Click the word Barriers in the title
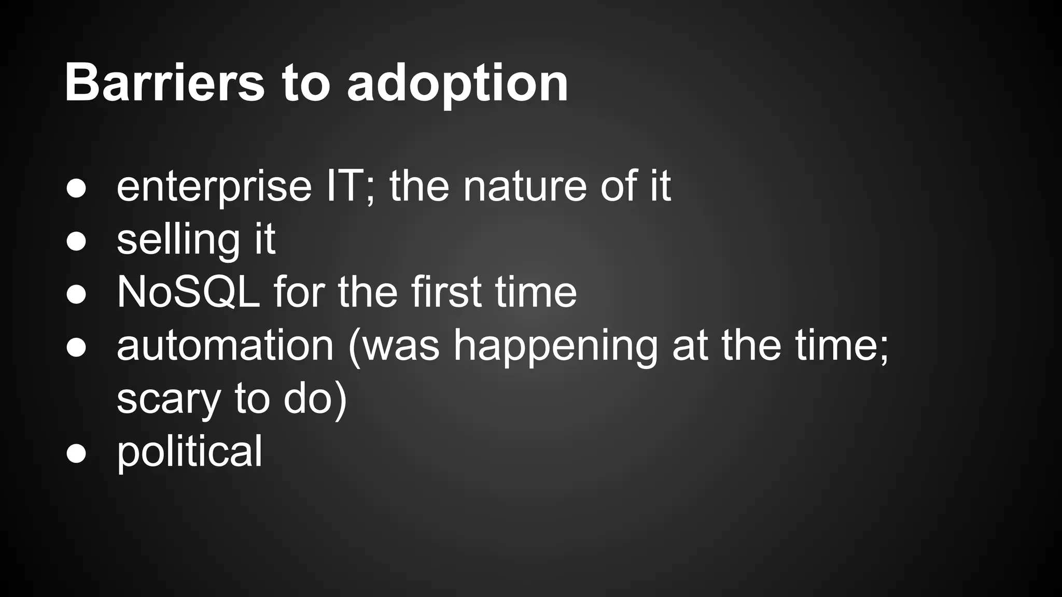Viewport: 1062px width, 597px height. (x=164, y=83)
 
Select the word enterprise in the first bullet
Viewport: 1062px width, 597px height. (x=214, y=188)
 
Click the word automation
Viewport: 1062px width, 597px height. (x=225, y=346)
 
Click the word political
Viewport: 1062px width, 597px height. (x=189, y=452)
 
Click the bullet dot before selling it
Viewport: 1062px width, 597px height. (x=76, y=241)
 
